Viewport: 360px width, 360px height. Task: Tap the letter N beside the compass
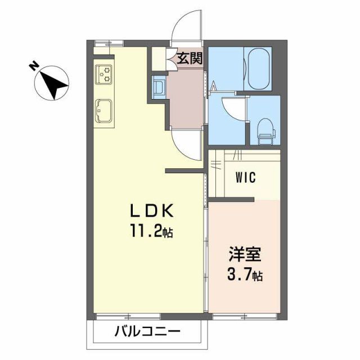[x=34, y=67]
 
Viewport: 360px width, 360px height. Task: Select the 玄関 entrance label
[x=190, y=58]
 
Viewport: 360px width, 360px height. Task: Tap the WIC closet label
[x=245, y=178]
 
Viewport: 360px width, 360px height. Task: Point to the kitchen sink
[x=105, y=112]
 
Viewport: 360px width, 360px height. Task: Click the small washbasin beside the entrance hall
[x=159, y=88]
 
